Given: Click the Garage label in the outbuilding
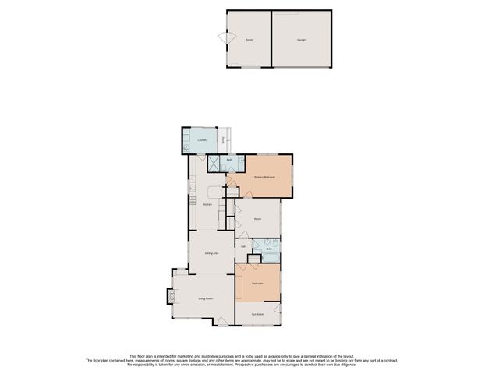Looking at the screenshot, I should tap(301, 38).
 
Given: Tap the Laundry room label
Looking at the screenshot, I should tap(202, 141).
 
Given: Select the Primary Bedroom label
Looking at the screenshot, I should tap(264, 178).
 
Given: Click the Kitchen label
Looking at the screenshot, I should tap(207, 204).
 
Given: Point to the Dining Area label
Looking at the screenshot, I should tap(211, 253).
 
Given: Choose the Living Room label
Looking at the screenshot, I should tap(206, 298).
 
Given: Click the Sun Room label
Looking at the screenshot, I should tap(257, 315).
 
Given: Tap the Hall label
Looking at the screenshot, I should tap(243, 246).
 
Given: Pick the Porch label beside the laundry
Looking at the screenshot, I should tap(225, 141).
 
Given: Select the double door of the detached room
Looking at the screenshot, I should tap(224, 40).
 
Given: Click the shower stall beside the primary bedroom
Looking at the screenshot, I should tap(213, 163).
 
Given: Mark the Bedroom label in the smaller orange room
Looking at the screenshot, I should tap(257, 284).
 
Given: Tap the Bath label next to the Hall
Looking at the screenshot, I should tap(269, 249).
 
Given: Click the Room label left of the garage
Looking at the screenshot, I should tap(249, 38).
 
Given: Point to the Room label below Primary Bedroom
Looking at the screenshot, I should tap(257, 219).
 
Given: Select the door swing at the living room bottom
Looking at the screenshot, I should tap(222, 321).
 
